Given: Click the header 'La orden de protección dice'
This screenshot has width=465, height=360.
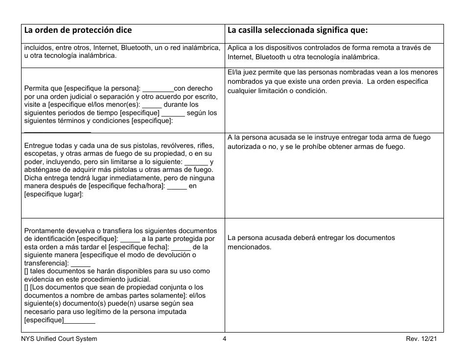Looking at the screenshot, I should [78, 30].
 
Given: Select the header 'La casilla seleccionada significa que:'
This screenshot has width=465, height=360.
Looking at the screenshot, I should [298, 30].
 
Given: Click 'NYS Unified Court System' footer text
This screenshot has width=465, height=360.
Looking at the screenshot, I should [59, 339].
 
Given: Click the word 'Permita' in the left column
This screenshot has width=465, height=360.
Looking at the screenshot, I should [36, 89].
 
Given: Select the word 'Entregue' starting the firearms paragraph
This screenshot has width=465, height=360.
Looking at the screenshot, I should [38, 146].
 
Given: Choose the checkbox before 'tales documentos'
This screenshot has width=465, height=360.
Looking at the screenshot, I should [26, 271].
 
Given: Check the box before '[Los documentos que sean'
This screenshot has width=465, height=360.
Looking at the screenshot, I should [26, 287].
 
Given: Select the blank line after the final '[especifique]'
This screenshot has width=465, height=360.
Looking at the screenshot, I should [80, 322].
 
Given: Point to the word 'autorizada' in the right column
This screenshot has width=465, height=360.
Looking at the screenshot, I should [244, 147].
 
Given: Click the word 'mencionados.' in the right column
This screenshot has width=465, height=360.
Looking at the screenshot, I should [249, 247].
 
